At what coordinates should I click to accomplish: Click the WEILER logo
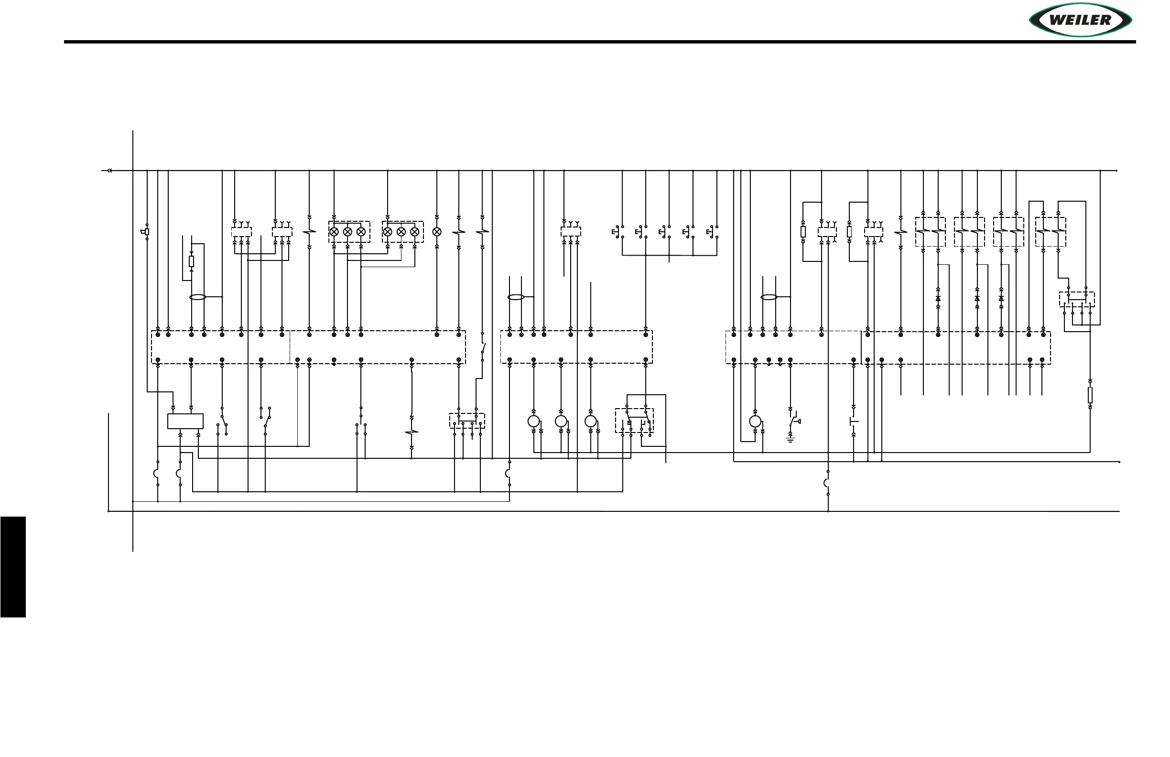click(x=1080, y=20)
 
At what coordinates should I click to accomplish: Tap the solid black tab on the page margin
click(x=13, y=566)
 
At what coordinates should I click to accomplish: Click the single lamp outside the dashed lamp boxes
click(x=436, y=231)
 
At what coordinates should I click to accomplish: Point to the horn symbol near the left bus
click(x=145, y=231)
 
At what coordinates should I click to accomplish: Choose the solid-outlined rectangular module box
click(x=185, y=421)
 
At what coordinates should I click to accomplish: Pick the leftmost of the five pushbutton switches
click(x=617, y=231)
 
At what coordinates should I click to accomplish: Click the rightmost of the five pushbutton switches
click(x=712, y=231)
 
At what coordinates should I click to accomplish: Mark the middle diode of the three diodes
click(x=977, y=298)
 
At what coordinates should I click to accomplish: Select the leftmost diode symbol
click(x=938, y=298)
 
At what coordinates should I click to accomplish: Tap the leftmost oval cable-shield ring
click(x=197, y=297)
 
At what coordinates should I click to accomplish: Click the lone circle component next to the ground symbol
click(x=755, y=421)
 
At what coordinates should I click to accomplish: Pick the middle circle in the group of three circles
click(x=561, y=421)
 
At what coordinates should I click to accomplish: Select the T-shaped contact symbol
click(x=854, y=421)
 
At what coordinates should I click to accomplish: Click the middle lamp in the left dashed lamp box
click(x=347, y=231)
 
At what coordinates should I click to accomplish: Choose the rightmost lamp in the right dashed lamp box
click(x=414, y=231)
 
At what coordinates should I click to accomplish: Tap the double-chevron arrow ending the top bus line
click(x=109, y=171)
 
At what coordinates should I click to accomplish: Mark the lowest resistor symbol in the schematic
click(x=1090, y=394)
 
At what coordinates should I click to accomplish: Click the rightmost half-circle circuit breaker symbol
click(x=827, y=483)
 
